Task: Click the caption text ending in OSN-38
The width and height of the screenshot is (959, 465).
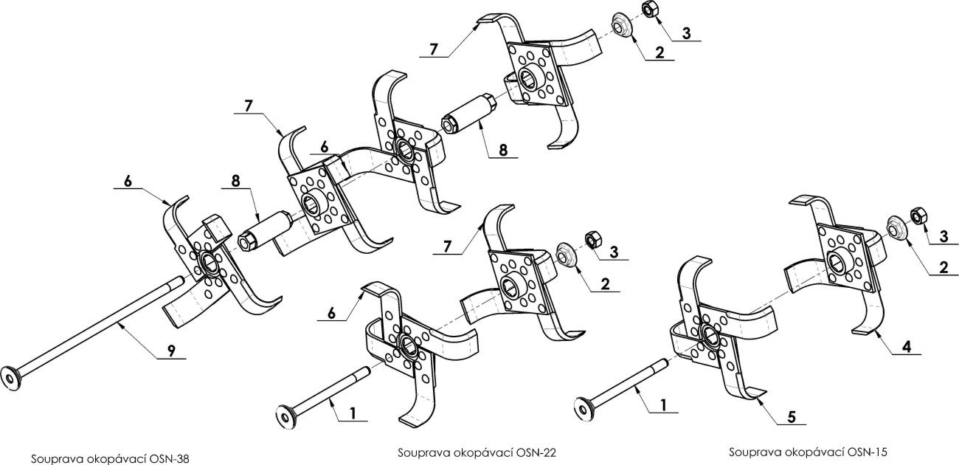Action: pyautogui.click(x=110, y=458)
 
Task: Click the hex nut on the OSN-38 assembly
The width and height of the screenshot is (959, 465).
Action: pyautogui.click(x=650, y=10)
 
